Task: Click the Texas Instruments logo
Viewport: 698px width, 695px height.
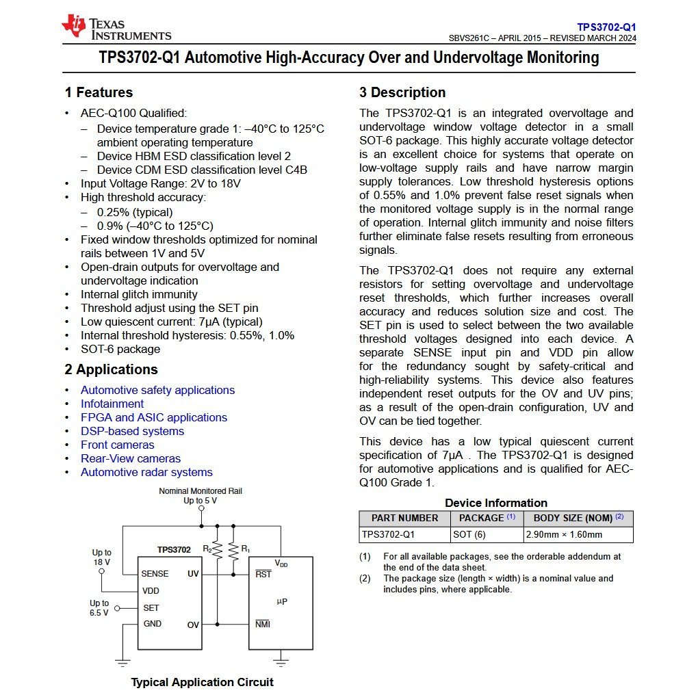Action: (116, 27)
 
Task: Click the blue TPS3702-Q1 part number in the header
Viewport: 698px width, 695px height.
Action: (606, 27)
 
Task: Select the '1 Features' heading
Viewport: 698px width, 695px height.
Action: (99, 92)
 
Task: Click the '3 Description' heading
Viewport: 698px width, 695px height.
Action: (402, 92)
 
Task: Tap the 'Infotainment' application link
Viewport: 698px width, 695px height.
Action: (112, 404)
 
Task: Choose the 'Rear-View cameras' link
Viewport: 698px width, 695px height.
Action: (131, 458)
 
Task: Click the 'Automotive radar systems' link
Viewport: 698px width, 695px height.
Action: (146, 472)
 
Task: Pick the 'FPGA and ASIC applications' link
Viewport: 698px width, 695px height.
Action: (154, 417)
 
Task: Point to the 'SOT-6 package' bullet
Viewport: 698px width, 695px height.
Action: (120, 349)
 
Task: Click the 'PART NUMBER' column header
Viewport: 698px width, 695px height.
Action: (404, 518)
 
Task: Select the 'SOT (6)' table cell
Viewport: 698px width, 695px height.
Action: (469, 534)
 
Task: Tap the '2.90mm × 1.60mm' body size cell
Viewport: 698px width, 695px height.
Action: (564, 534)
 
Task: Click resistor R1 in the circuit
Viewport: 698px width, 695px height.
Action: (233, 550)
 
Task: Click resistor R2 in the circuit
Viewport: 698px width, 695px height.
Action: (218, 550)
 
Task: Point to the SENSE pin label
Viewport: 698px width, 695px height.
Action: (155, 574)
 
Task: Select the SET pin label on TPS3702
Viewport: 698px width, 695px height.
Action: (151, 607)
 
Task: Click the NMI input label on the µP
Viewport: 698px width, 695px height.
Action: (263, 624)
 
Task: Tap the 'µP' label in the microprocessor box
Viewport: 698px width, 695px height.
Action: (282, 601)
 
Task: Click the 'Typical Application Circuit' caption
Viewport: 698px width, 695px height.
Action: (202, 682)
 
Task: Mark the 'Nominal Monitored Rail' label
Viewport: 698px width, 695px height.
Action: (200, 491)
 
